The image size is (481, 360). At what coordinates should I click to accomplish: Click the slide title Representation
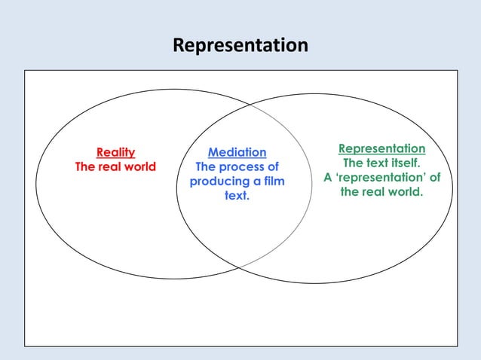(x=240, y=46)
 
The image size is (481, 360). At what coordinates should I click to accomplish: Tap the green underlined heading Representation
(x=381, y=148)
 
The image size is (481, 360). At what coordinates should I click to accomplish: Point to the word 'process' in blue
(x=242, y=167)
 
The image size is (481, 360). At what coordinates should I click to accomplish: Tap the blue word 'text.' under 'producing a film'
(x=237, y=197)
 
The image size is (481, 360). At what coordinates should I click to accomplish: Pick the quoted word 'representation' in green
(x=381, y=178)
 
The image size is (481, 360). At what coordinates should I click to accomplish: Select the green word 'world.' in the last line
(x=404, y=192)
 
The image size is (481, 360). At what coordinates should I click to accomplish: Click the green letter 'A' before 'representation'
(x=328, y=178)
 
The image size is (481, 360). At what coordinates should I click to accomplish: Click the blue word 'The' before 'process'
(x=207, y=167)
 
